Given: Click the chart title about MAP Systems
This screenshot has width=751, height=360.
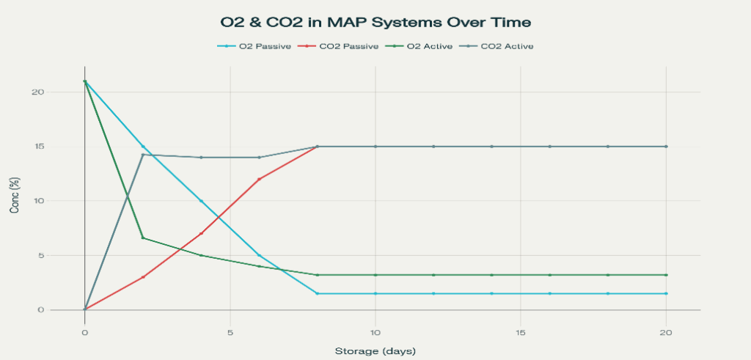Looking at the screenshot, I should tap(375, 23).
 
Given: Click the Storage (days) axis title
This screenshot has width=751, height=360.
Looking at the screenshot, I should tap(375, 350).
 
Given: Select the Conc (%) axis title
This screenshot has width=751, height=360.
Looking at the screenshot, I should tap(15, 195).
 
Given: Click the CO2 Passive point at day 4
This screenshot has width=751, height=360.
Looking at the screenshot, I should tap(201, 234).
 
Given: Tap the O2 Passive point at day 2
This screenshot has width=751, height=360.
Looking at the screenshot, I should tap(143, 147).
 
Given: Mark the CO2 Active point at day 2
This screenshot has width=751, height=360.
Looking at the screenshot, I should tap(143, 155).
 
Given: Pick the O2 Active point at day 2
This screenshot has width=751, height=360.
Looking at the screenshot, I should tap(143, 238).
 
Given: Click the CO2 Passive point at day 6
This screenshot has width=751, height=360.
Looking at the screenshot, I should tap(259, 179).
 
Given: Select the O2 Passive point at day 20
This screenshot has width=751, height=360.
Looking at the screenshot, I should tap(666, 293).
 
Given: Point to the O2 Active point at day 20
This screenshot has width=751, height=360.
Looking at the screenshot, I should tap(666, 275).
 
